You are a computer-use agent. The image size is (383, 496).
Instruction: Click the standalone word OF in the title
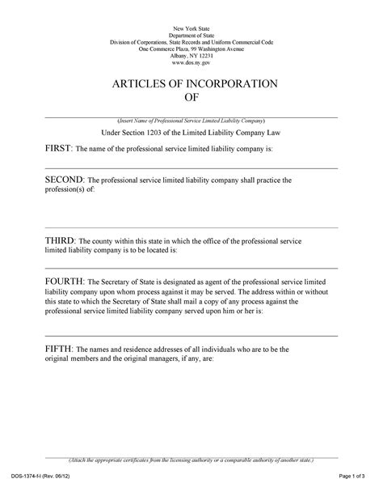pyautogui.click(x=191, y=99)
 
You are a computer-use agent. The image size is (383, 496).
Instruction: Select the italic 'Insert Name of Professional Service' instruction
pyautogui.click(x=191, y=120)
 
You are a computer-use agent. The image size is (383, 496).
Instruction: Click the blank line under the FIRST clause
pyautogui.click(x=191, y=167)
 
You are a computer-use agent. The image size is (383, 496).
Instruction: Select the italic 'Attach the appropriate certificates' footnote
pyautogui.click(x=191, y=460)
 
